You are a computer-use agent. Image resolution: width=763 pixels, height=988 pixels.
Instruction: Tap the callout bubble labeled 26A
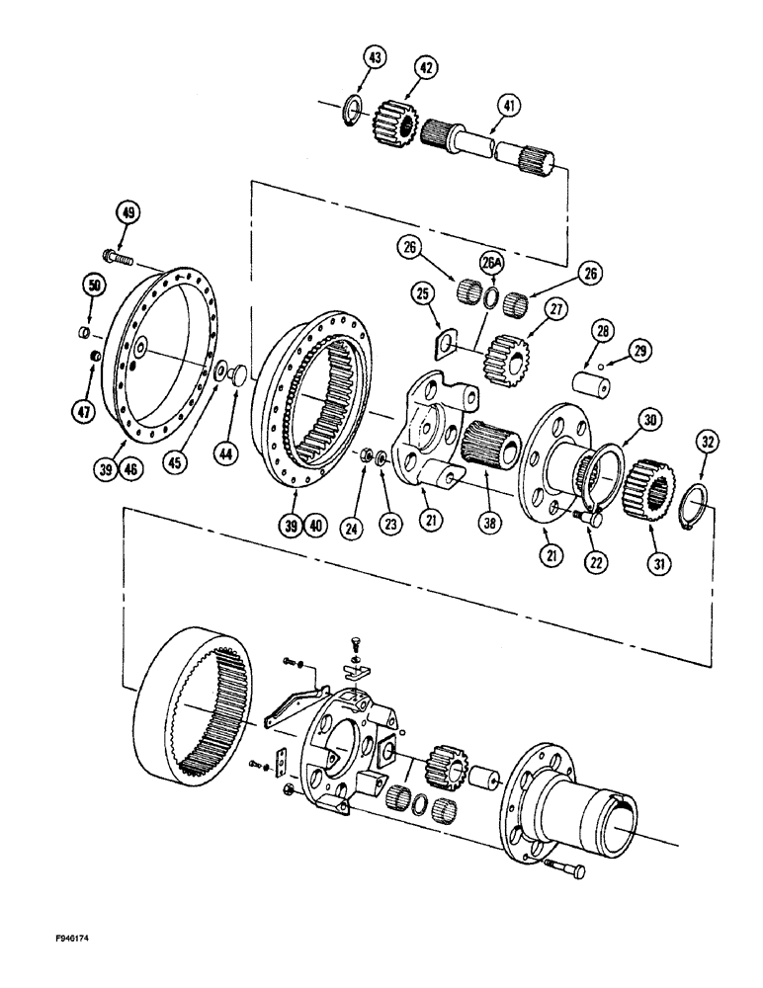point(492,263)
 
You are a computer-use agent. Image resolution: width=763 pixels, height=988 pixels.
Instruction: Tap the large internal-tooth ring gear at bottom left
point(197,720)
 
